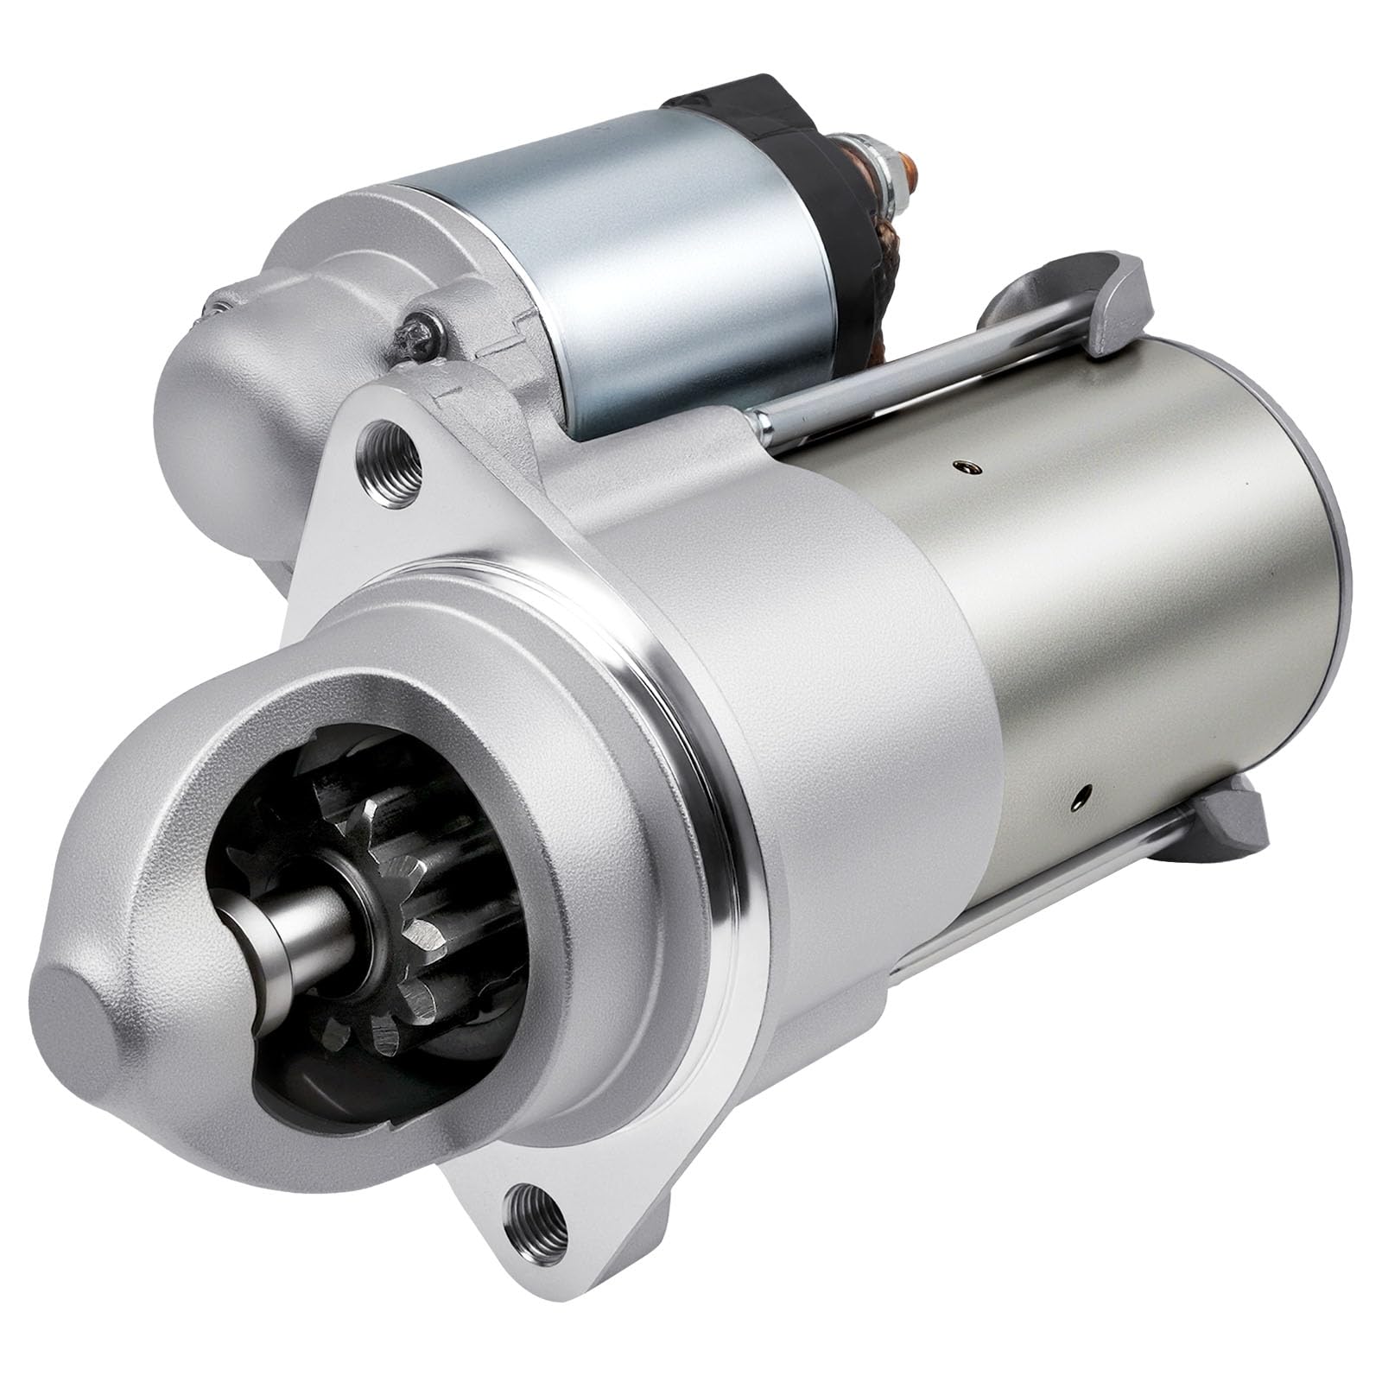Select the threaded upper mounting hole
point(389,448)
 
